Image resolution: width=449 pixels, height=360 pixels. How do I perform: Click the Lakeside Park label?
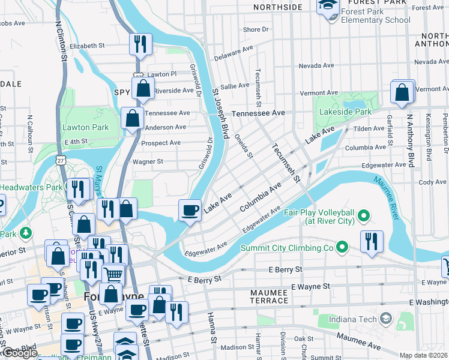click(x=347, y=112)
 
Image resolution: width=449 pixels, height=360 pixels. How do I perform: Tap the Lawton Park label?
click(x=85, y=127)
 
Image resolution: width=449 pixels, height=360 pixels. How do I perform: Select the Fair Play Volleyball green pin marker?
click(x=363, y=215)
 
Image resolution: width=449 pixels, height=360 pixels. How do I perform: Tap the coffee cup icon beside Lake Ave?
click(x=190, y=210)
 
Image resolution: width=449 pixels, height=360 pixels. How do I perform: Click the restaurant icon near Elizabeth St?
click(x=140, y=44)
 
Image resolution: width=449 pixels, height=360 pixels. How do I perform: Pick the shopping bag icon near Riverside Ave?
click(x=143, y=89)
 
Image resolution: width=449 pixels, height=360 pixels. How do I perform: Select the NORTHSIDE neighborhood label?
click(x=277, y=7)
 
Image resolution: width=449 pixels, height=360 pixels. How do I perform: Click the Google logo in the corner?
click(x=19, y=353)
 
